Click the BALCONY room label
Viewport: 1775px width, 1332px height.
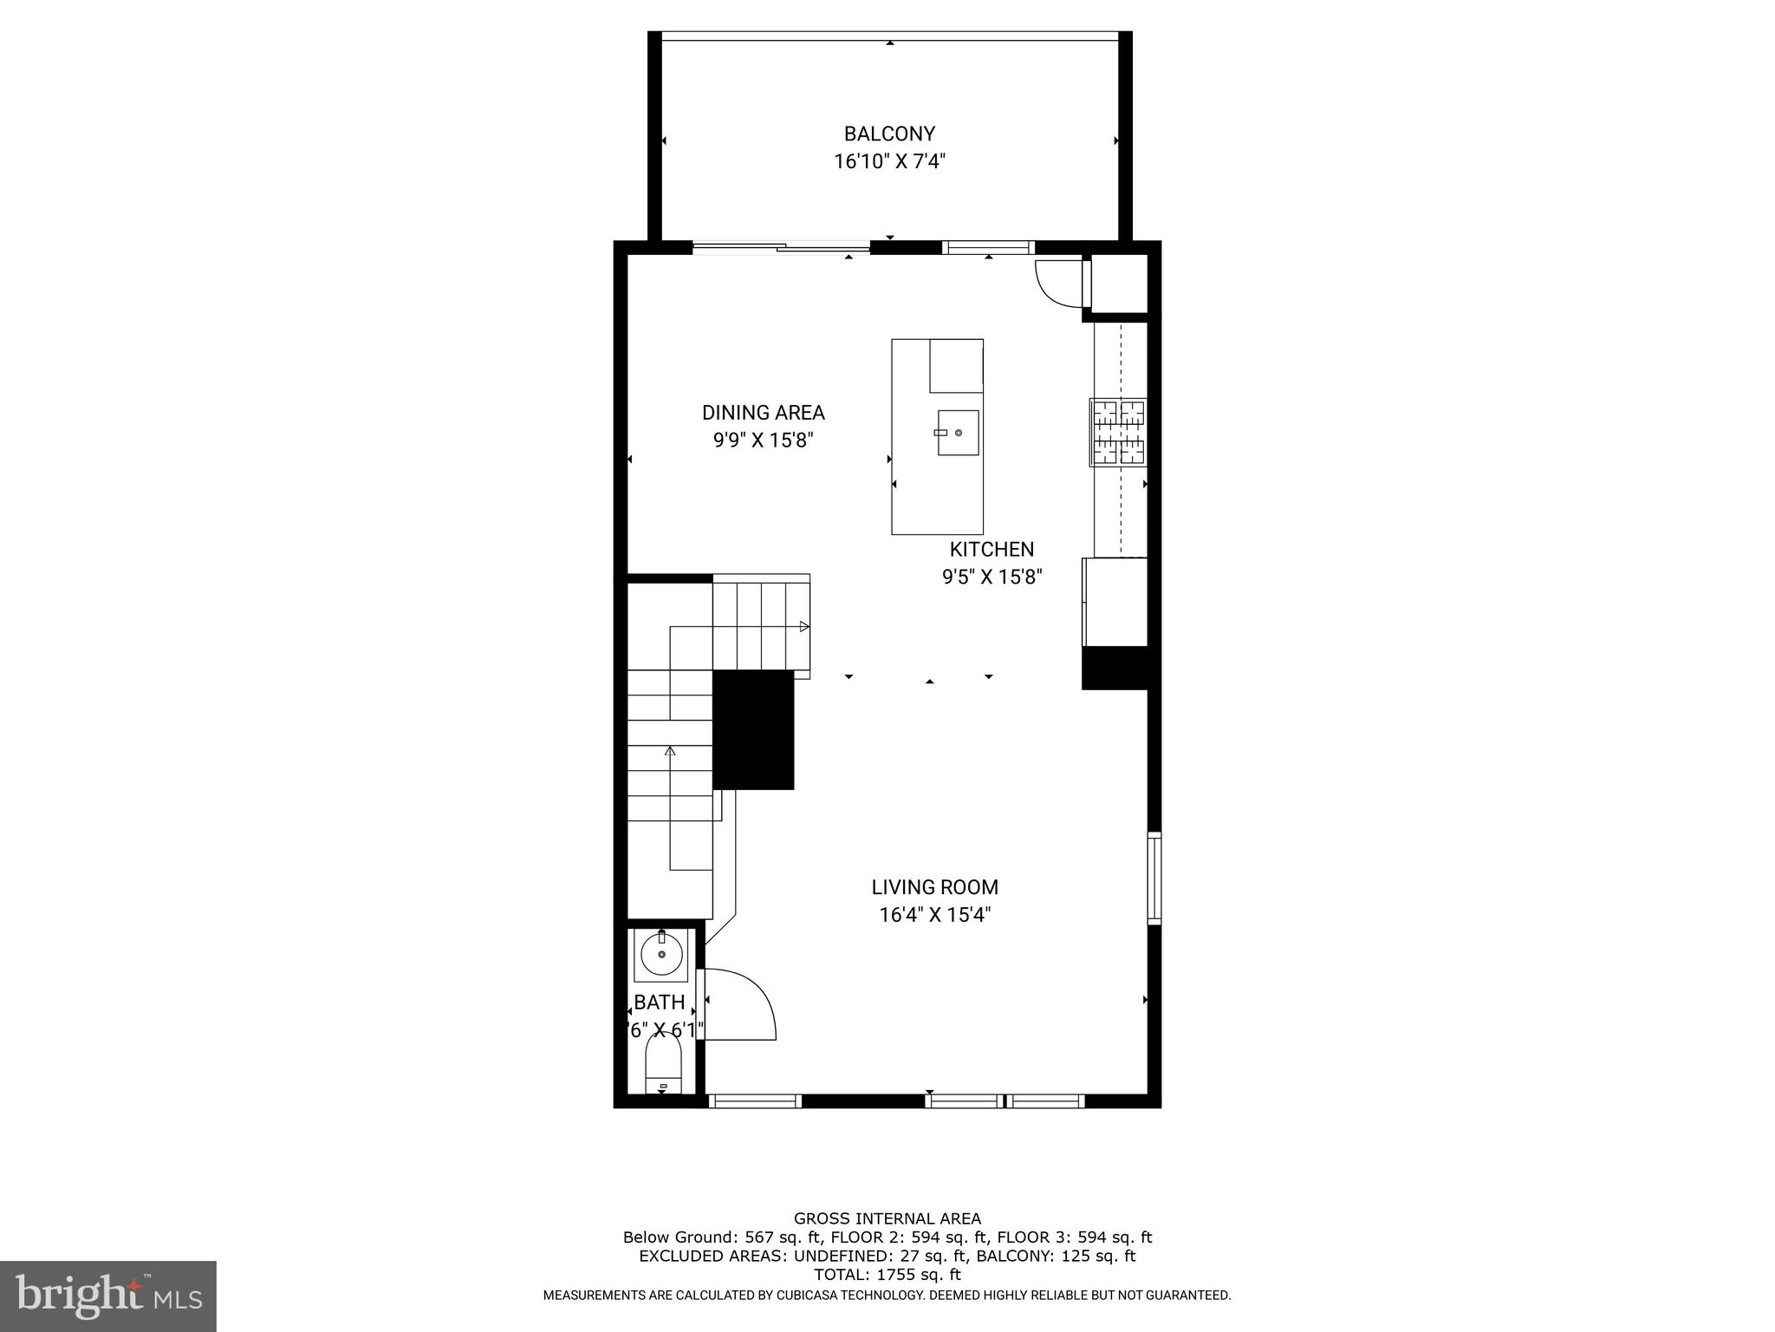(x=889, y=134)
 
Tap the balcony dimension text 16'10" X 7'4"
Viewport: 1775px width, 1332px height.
(x=889, y=161)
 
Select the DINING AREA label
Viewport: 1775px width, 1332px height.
(x=763, y=413)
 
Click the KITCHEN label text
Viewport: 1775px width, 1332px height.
(x=992, y=549)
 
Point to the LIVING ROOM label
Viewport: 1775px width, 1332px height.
(x=934, y=887)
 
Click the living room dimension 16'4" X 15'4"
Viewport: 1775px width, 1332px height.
(x=934, y=914)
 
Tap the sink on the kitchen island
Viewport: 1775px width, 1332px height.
(x=958, y=432)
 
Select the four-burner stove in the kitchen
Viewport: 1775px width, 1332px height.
(x=1118, y=432)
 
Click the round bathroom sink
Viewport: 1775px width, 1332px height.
(x=661, y=955)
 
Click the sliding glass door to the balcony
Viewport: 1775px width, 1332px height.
(x=780, y=249)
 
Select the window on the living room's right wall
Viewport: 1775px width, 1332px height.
(x=1154, y=878)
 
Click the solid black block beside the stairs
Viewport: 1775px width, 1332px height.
(x=753, y=728)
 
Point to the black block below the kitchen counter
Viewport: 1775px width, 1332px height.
(x=1115, y=668)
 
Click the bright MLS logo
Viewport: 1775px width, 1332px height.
(x=107, y=1296)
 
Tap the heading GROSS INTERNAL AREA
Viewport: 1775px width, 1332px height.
(x=887, y=1218)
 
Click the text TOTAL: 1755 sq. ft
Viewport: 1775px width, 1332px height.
(x=887, y=1274)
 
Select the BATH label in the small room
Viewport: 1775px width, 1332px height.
(x=660, y=1002)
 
